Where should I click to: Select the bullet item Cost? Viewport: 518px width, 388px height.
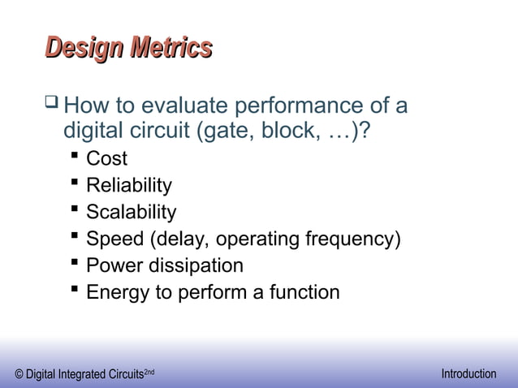click(x=106, y=159)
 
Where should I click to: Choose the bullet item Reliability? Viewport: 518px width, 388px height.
click(x=128, y=186)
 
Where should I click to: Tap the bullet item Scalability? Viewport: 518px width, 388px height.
click(x=131, y=213)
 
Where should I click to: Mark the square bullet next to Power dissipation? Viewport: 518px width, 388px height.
click(x=75, y=265)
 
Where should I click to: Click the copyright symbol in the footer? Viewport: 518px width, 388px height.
click(x=19, y=374)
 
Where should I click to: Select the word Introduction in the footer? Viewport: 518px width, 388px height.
click(x=468, y=373)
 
